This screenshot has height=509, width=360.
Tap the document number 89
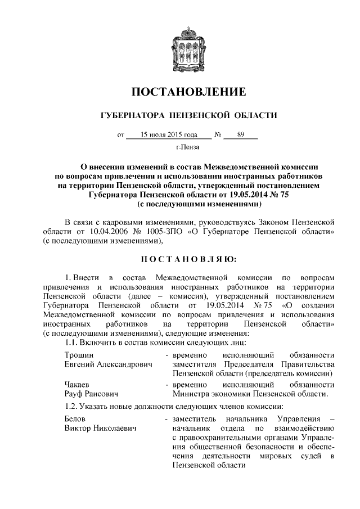point(241,135)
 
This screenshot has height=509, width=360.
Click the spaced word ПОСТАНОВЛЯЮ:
point(188,259)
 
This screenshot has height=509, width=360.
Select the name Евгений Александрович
point(109,364)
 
